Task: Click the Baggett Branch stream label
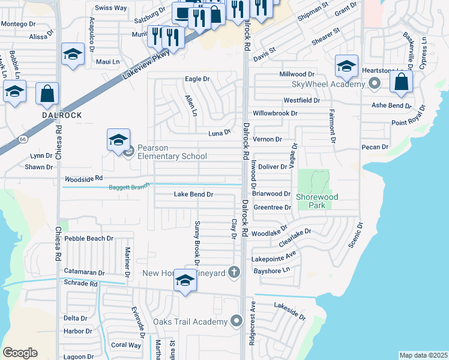[x=128, y=187]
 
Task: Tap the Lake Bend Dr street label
[x=193, y=194]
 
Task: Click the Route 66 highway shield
[x=23, y=139]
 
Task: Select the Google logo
[x=20, y=352]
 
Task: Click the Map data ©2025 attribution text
[x=423, y=355]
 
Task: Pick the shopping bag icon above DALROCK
[x=47, y=94]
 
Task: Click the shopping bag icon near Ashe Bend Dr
[x=401, y=82]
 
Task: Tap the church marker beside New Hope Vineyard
[x=234, y=273]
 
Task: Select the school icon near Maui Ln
[x=72, y=55]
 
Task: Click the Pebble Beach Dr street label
[x=88, y=239]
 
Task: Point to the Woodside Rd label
[x=84, y=179]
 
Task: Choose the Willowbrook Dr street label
[x=275, y=113]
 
